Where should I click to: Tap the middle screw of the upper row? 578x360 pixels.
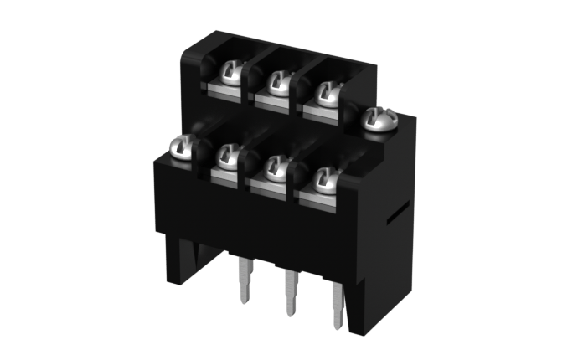[276, 82]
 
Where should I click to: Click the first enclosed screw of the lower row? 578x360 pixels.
[228, 155]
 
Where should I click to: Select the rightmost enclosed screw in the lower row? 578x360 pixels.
[325, 177]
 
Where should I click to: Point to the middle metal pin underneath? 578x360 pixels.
[290, 292]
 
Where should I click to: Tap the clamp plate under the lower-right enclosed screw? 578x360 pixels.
[319, 196]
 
